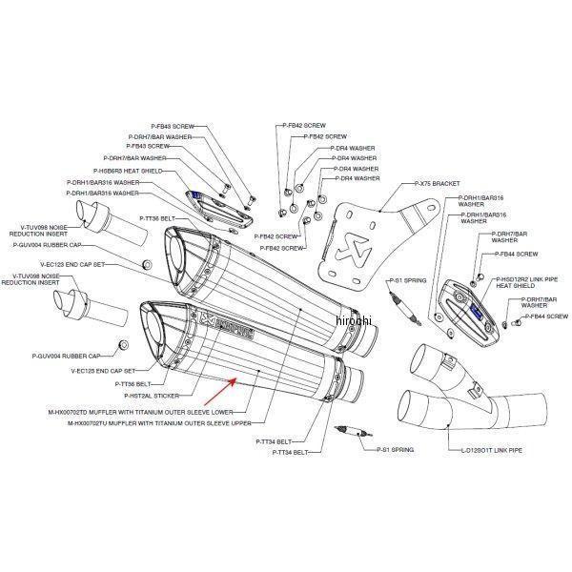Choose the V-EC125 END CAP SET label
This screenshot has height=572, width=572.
click(104, 370)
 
